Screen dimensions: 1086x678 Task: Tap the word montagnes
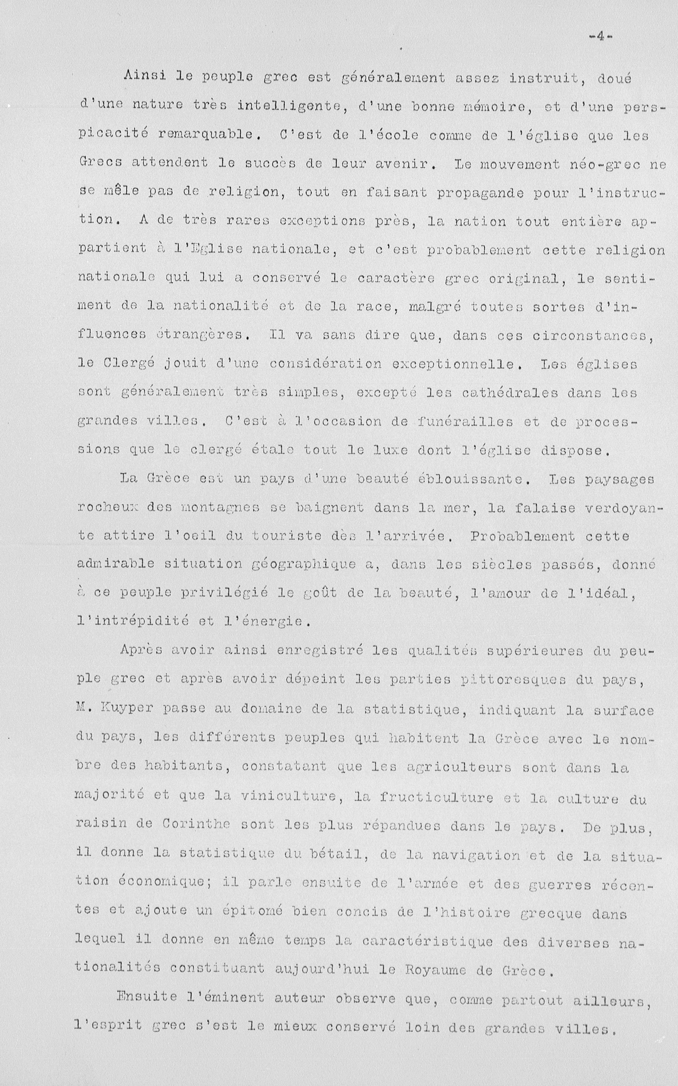click(x=221, y=507)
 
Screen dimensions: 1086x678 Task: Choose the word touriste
click(x=287, y=536)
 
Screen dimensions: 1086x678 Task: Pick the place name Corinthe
click(x=196, y=824)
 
